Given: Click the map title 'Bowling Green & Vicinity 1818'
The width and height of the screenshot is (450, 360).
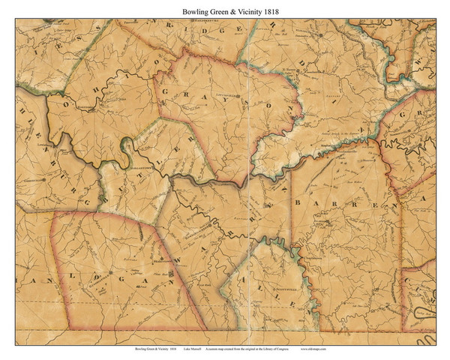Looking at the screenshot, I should tap(224, 11).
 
